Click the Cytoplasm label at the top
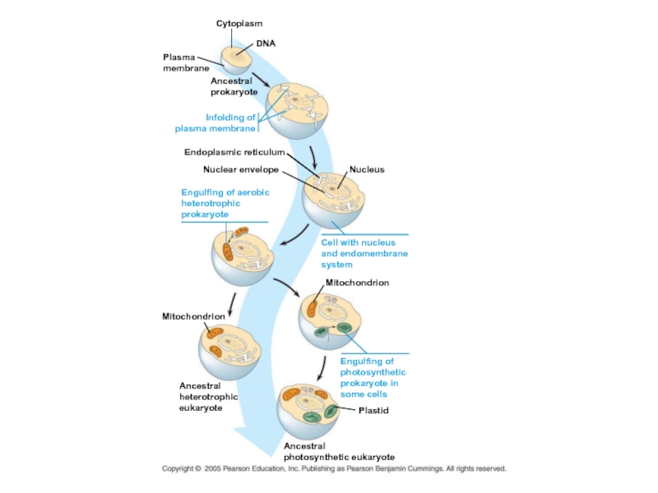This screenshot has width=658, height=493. (x=239, y=24)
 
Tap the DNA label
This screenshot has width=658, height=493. (x=266, y=42)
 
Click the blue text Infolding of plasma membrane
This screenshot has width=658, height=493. (x=216, y=122)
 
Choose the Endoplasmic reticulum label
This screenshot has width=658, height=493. (x=234, y=152)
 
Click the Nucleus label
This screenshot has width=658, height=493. (x=367, y=169)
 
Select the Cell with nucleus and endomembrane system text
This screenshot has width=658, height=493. (x=364, y=253)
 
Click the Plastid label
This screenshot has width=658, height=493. (x=373, y=410)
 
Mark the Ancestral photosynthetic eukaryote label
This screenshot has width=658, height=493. (x=339, y=451)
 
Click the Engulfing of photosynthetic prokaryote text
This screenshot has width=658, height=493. (x=373, y=377)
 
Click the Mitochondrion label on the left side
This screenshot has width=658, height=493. (x=193, y=316)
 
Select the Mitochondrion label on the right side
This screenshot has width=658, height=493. (x=357, y=283)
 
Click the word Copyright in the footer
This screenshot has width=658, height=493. (x=180, y=469)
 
